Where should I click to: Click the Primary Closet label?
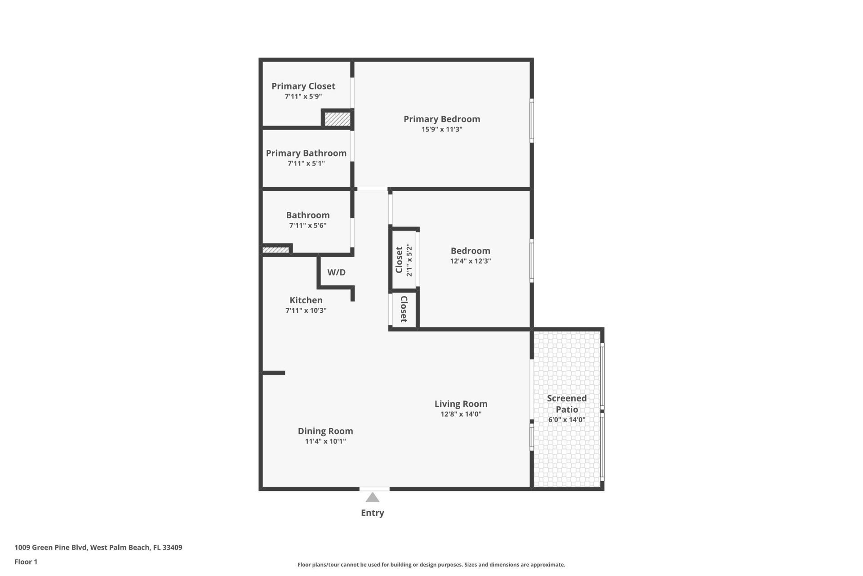(303, 86)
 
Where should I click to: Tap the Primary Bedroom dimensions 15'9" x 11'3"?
(441, 130)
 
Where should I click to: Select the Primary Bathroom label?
(306, 153)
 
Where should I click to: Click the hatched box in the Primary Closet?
(337, 119)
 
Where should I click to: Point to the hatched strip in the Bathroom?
(275, 250)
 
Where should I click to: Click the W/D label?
(336, 272)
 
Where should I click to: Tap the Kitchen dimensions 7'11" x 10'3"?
(306, 310)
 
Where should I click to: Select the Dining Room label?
(325, 431)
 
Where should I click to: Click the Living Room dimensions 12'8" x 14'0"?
(461, 414)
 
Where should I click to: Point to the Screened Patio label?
(566, 404)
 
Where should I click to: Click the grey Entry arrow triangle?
(372, 498)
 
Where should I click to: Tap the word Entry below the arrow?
(372, 513)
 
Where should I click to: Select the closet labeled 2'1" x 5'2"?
(403, 260)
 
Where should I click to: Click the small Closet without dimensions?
(403, 309)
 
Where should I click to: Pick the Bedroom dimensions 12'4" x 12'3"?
(470, 261)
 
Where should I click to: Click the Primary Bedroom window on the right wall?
(531, 121)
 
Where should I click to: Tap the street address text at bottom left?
(98, 548)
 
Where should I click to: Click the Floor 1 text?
(26, 562)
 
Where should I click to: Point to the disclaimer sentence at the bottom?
(431, 565)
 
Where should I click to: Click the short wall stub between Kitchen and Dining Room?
(273, 373)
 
